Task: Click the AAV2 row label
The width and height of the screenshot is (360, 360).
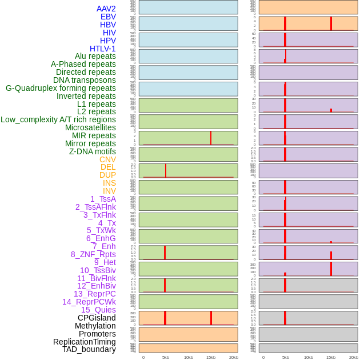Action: [x=106, y=9]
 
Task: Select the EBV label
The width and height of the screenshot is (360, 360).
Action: [x=108, y=17]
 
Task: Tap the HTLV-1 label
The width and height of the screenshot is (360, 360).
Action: [x=103, y=49]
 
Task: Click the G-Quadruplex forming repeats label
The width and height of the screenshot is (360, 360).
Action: [x=61, y=88]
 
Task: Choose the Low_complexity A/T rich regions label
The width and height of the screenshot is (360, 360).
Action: [x=58, y=119]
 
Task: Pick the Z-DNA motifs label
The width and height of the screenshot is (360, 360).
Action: [x=93, y=151]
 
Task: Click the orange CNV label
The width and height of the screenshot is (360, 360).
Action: [x=107, y=159]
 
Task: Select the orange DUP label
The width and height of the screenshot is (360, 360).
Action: [x=107, y=175]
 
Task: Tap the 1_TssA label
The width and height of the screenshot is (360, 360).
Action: [x=103, y=199]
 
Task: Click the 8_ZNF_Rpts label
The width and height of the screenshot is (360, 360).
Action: [x=93, y=254]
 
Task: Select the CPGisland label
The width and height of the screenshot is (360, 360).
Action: [x=97, y=318]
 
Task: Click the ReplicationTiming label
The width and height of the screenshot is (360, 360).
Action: [x=85, y=342]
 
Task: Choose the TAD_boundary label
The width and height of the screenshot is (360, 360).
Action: [x=89, y=349]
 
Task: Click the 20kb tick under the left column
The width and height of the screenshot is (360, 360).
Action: [x=234, y=357]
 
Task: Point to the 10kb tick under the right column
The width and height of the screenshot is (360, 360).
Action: [x=309, y=357]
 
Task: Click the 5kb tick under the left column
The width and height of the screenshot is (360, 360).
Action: [x=166, y=357]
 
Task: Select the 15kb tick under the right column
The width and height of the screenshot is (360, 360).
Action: [x=331, y=357]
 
